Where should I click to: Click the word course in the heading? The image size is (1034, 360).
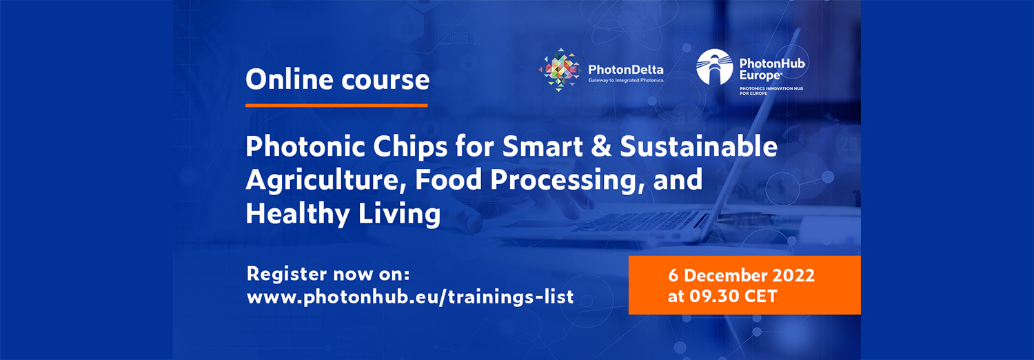pyautogui.click(x=385, y=81)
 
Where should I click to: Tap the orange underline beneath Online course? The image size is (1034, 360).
pyautogui.click(x=336, y=106)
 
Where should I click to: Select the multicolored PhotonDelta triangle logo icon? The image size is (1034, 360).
pyautogui.click(x=560, y=70)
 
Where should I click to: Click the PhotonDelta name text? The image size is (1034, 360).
pyautogui.click(x=625, y=70)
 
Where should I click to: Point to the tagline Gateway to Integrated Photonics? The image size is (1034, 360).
pyautogui.click(x=625, y=80)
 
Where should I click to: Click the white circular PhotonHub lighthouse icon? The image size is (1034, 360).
pyautogui.click(x=714, y=67)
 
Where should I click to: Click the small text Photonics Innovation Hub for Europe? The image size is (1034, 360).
pyautogui.click(x=771, y=90)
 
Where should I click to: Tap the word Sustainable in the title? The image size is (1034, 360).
pyautogui.click(x=698, y=146)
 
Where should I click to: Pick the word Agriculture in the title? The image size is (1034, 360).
pyautogui.click(x=323, y=181)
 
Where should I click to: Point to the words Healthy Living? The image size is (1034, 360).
pyautogui.click(x=343, y=214)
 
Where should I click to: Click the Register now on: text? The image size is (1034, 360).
pyautogui.click(x=328, y=274)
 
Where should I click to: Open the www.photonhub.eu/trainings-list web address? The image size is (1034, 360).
pyautogui.click(x=410, y=297)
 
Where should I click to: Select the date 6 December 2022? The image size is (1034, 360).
pyautogui.click(x=741, y=276)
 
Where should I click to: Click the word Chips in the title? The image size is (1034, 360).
pyautogui.click(x=410, y=147)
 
